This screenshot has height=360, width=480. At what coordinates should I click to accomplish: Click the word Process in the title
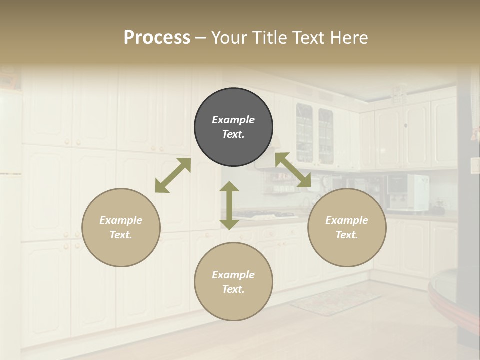(x=157, y=38)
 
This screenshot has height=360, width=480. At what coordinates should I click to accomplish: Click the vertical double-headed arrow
(x=229, y=205)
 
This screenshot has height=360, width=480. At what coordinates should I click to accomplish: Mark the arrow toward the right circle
(x=293, y=170)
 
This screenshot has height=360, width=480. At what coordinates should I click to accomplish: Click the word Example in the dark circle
(x=233, y=120)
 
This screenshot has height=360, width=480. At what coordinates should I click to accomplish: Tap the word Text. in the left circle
(x=121, y=235)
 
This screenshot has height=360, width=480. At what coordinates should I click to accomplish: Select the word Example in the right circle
(x=347, y=220)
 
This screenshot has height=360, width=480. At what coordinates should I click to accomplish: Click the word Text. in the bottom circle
(x=233, y=289)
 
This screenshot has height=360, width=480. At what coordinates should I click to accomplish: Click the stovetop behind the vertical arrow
(x=265, y=215)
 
